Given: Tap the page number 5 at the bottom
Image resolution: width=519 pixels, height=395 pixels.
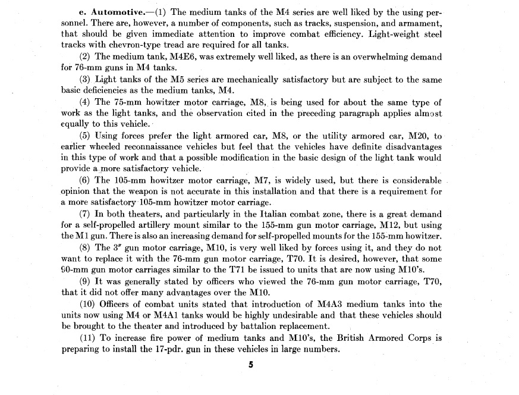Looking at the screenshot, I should click(251, 365).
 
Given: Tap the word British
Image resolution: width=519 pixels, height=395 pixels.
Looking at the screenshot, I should click(354, 338).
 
